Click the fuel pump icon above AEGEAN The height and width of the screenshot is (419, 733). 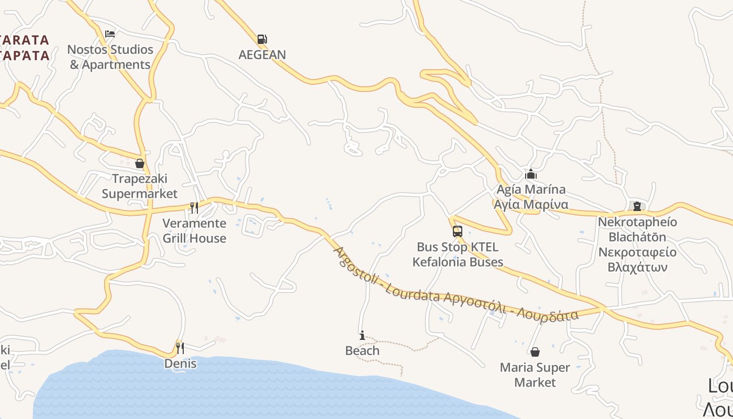coord(262,39)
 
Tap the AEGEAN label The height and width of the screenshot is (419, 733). coord(262,54)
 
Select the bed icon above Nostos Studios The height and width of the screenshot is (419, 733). coord(109,34)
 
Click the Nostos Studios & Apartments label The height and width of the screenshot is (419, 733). coord(110,57)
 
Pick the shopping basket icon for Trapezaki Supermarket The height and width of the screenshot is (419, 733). coord(139,164)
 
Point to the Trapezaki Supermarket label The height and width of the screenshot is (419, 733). coord(139,186)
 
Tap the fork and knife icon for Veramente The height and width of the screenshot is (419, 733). coord(194,208)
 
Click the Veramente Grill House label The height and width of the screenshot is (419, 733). coord(194,231)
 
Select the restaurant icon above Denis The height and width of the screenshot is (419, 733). coord(180,348)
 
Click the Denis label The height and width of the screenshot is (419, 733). coord(180,363)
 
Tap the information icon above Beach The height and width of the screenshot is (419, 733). coord(362,335)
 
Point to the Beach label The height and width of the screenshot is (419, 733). coord(362,351)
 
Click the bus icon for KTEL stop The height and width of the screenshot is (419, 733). coord(457,231)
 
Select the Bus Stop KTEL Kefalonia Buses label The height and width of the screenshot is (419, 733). coord(458,255)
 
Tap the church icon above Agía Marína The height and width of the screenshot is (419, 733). coord(531,174)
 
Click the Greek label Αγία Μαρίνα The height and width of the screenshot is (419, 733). coord(531,204)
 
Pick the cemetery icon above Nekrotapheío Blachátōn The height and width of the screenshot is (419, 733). coord(637,206)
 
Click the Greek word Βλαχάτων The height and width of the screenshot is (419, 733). coord(637,267)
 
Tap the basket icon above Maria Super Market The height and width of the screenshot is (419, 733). coord(535,352)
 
